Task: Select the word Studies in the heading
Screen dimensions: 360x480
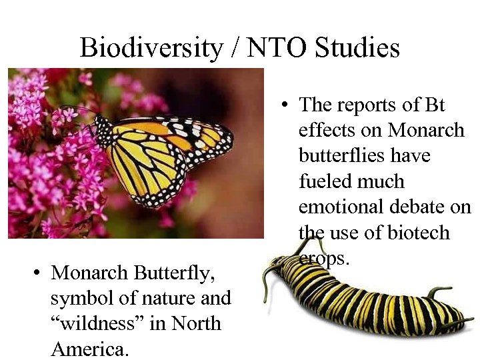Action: pyautogui.click(x=357, y=48)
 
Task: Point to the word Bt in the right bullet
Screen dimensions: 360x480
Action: pyautogui.click(x=434, y=105)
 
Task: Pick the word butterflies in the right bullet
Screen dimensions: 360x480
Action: pyautogui.click(x=342, y=156)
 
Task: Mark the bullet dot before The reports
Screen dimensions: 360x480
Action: pyautogui.click(x=285, y=105)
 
